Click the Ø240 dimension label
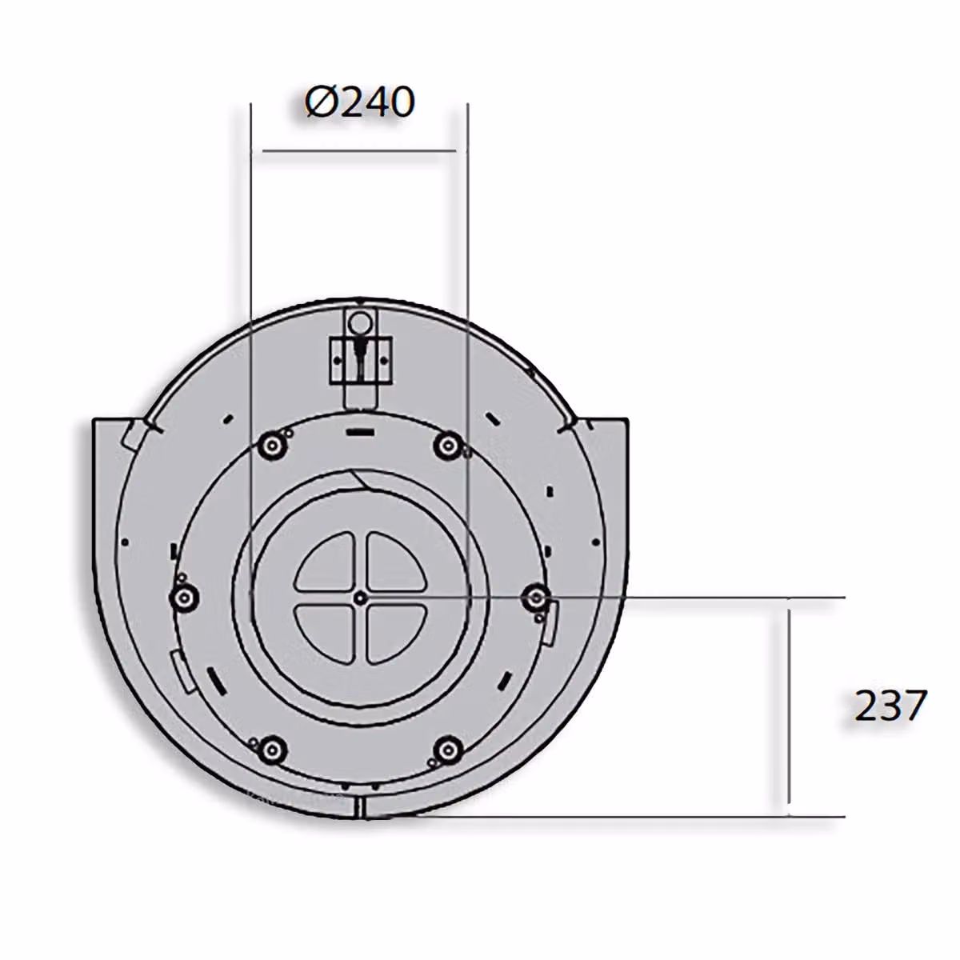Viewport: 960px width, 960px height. pyautogui.click(x=360, y=102)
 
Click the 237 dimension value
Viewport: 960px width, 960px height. pyautogui.click(x=890, y=705)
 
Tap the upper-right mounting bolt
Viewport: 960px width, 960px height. pyautogui.click(x=449, y=446)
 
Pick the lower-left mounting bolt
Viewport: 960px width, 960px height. pyautogui.click(x=272, y=749)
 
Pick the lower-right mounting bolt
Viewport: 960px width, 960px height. pyautogui.click(x=448, y=749)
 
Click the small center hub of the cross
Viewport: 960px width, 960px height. pyautogui.click(x=361, y=598)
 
